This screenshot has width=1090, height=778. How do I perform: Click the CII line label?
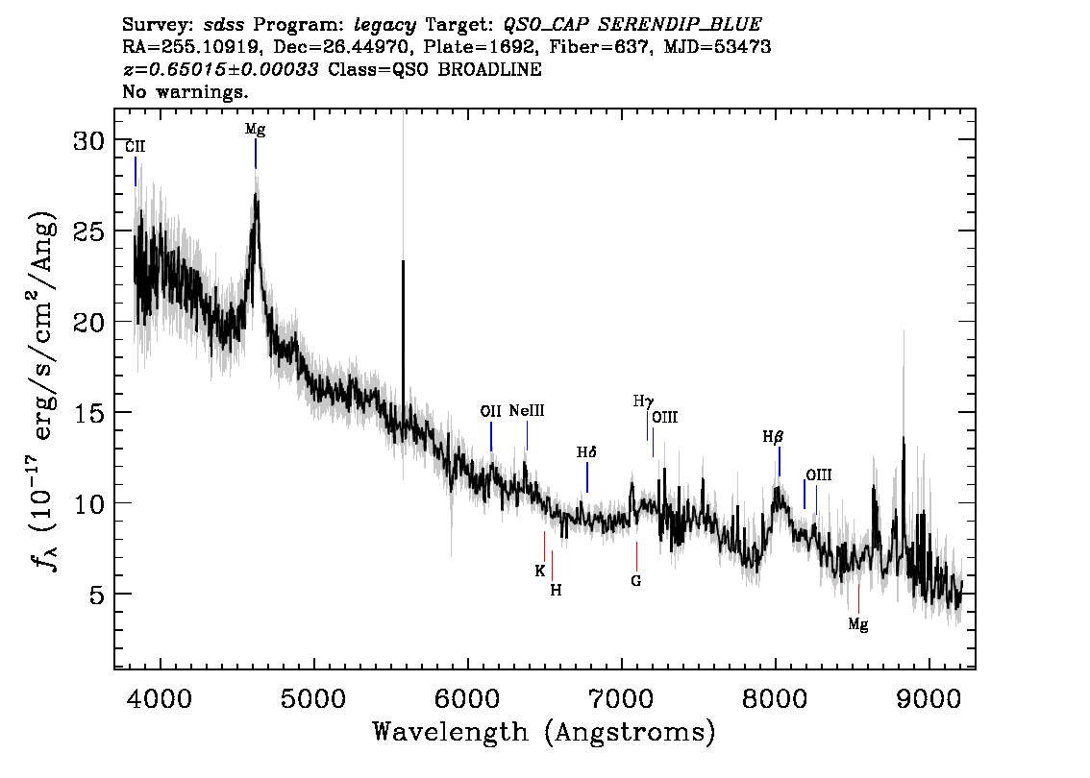(x=135, y=147)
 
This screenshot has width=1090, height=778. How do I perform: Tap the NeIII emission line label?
(x=527, y=410)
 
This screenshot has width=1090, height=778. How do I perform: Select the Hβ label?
(x=773, y=437)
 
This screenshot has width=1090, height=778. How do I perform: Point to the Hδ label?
(x=586, y=452)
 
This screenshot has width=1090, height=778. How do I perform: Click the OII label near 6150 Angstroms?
(x=491, y=411)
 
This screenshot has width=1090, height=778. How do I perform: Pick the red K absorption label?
(x=540, y=571)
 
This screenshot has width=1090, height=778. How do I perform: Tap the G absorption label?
(x=636, y=581)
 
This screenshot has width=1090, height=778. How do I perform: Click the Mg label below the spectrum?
(x=858, y=624)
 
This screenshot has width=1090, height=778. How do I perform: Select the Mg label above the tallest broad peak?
(x=255, y=130)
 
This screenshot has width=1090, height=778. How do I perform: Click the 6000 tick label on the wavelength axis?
(x=467, y=698)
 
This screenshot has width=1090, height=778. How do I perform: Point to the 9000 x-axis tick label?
(x=929, y=698)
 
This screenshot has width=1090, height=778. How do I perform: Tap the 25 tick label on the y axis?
(x=89, y=231)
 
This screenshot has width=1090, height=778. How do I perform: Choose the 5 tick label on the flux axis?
(x=97, y=594)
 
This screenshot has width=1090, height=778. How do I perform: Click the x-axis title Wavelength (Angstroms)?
(x=544, y=732)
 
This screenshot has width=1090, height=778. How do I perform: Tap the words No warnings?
(x=185, y=91)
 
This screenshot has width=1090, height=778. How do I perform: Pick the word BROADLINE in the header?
(x=490, y=69)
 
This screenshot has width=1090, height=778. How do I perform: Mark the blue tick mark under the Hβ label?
(x=780, y=462)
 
